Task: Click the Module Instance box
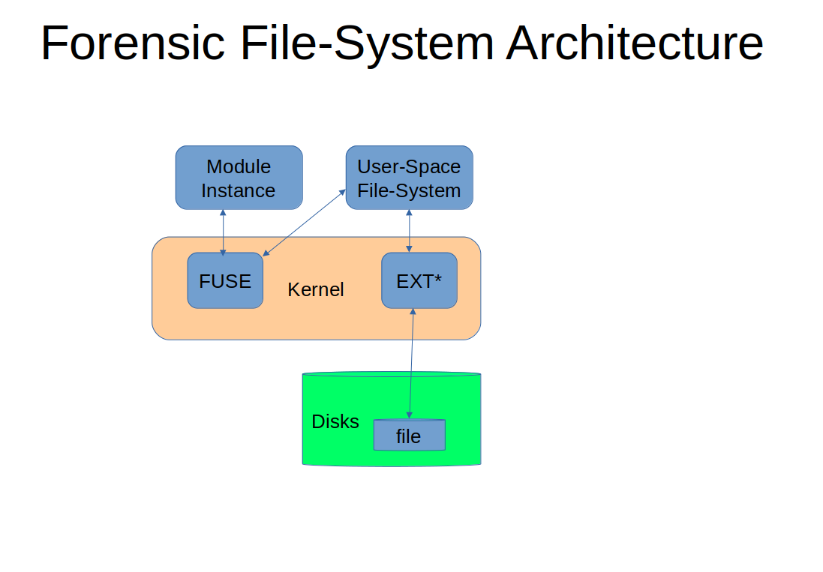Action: pyautogui.click(x=239, y=178)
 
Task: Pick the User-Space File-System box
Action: pyautogui.click(x=410, y=178)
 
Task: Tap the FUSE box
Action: pyautogui.click(x=225, y=280)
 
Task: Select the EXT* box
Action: pyautogui.click(x=419, y=280)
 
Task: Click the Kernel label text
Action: pyautogui.click(x=315, y=289)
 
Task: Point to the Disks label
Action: pyautogui.click(x=335, y=421)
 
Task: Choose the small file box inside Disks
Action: pyautogui.click(x=410, y=435)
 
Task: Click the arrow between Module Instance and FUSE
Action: pyautogui.click(x=223, y=233)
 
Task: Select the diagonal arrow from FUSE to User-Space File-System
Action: pyautogui.click(x=305, y=223)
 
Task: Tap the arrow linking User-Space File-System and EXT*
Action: pyautogui.click(x=410, y=231)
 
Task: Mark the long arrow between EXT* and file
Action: pyautogui.click(x=411, y=364)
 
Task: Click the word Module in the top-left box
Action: pyautogui.click(x=239, y=166)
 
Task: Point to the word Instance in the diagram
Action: pyautogui.click(x=239, y=191)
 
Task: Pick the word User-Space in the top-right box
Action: pyautogui.click(x=409, y=166)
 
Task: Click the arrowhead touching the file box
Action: pyautogui.click(x=410, y=415)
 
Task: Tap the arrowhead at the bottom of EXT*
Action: pyautogui.click(x=413, y=312)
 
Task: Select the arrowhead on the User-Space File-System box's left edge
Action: pyautogui.click(x=342, y=193)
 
